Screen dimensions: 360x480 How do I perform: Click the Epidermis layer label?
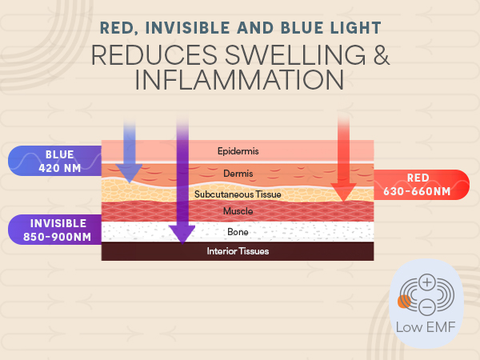pyautogui.click(x=238, y=150)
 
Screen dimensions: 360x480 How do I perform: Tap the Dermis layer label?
pyautogui.click(x=238, y=174)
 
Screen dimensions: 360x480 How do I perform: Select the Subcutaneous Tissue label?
pyautogui.click(x=238, y=194)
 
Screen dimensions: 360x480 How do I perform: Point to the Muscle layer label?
pyautogui.click(x=238, y=211)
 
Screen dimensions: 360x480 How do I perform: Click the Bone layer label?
pyautogui.click(x=238, y=232)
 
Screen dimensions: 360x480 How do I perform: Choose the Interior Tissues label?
pyautogui.click(x=238, y=251)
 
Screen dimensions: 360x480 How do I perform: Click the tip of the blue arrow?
pyautogui.click(x=129, y=181)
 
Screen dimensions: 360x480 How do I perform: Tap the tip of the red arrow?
pyautogui.click(x=344, y=199)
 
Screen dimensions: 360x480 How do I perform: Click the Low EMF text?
pyautogui.click(x=426, y=326)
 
